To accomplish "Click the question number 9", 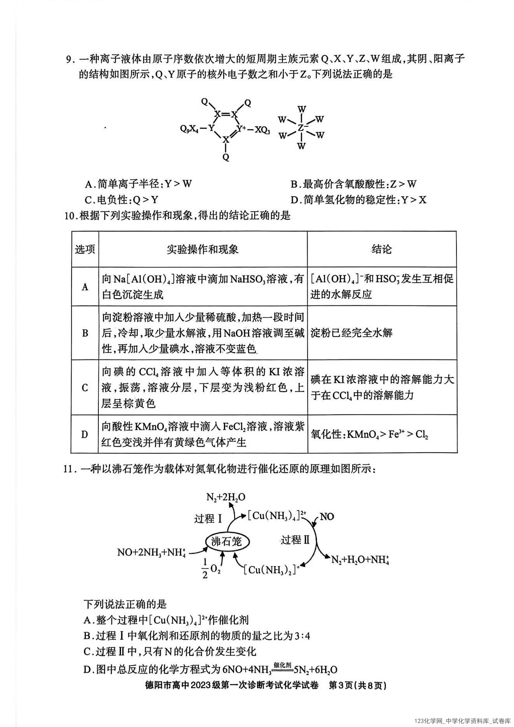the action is coord(70,59).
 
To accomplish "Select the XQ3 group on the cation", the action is coord(262,130).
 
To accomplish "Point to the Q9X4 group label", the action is coord(189,128).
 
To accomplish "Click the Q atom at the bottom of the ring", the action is coord(226,157).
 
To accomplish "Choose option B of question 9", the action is coord(353,184).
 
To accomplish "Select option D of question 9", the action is coord(358,200).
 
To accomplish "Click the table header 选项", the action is coord(85,249).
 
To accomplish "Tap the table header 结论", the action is coord(381,249).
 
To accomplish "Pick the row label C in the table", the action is coord(85,387).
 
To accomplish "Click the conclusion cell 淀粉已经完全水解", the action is coord(351,333).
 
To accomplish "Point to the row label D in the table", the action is coord(85,434).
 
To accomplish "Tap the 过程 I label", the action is coord(208,518).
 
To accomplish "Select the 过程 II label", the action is coord(296,539).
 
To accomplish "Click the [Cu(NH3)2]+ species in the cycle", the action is coord(272,569).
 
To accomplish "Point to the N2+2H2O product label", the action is coord(226,497).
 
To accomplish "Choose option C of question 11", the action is coord(170,651).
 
